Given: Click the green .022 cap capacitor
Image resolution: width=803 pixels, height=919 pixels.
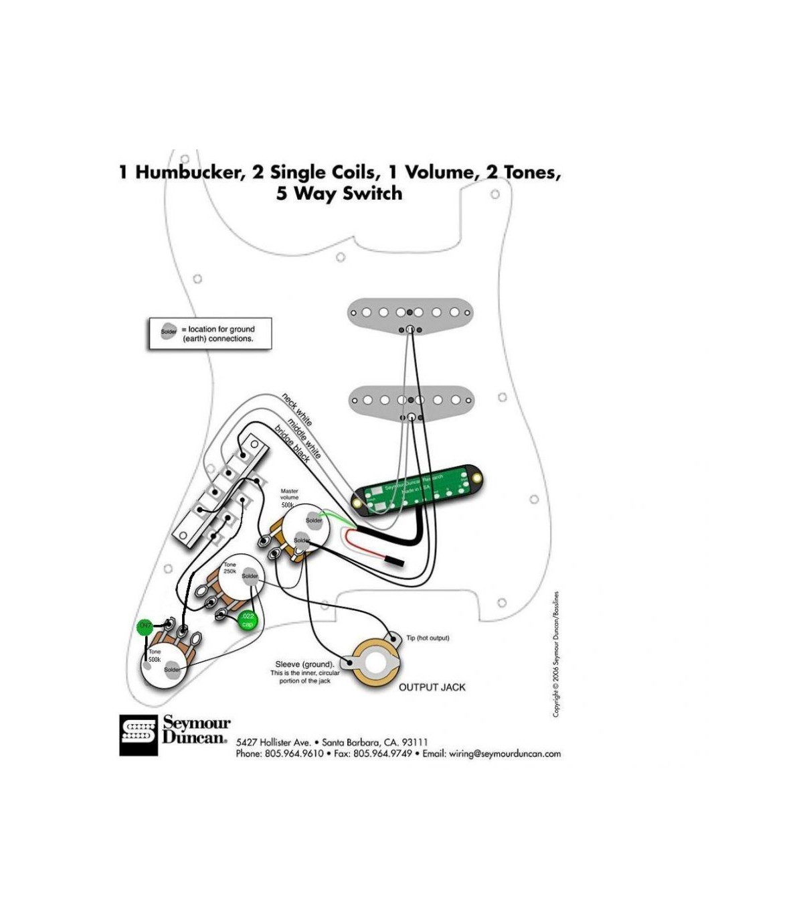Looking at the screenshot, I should (x=248, y=620).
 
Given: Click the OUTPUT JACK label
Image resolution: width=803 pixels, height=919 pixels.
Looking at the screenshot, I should (x=432, y=687).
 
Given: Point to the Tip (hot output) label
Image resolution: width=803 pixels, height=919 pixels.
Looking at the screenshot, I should (x=428, y=638).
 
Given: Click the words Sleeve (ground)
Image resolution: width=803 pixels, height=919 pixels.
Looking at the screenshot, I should (x=304, y=664).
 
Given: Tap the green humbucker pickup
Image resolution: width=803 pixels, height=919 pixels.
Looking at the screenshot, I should (x=419, y=492).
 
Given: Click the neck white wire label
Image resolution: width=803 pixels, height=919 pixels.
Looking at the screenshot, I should (x=296, y=409).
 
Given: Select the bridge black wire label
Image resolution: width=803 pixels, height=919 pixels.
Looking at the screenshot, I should (x=292, y=444).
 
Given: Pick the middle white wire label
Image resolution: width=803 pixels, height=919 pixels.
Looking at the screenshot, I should (x=304, y=437).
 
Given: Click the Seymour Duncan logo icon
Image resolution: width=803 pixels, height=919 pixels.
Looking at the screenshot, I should (x=139, y=735).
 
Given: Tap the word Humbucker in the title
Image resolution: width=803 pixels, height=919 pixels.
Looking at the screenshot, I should (x=188, y=173).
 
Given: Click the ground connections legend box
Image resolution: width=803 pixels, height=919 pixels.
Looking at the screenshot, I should (x=210, y=334).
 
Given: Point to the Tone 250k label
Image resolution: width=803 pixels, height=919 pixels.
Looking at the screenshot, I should (x=230, y=568).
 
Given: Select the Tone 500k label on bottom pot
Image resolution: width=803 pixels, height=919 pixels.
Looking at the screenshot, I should (x=155, y=655).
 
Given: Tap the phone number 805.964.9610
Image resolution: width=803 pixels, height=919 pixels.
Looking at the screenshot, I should (x=294, y=754).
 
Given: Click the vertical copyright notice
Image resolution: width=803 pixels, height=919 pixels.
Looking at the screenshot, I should (x=556, y=654).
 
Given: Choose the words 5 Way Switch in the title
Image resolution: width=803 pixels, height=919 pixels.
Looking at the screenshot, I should (x=339, y=194).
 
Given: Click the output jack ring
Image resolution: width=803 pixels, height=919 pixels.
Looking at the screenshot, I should (x=376, y=667).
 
